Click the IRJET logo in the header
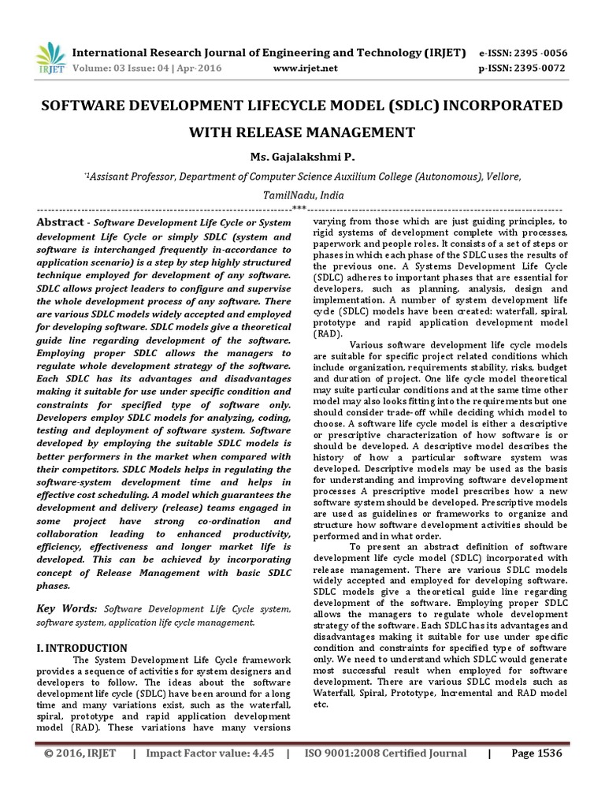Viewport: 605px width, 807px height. (51, 58)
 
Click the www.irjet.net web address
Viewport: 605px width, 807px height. (305, 68)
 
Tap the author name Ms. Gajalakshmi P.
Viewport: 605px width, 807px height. (302, 156)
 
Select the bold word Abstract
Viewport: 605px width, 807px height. (60, 223)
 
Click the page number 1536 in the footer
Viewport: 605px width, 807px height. (547, 753)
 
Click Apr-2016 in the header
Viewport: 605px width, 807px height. (199, 68)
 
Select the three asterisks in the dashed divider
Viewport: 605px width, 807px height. (299, 208)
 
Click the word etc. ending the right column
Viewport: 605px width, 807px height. (320, 704)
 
